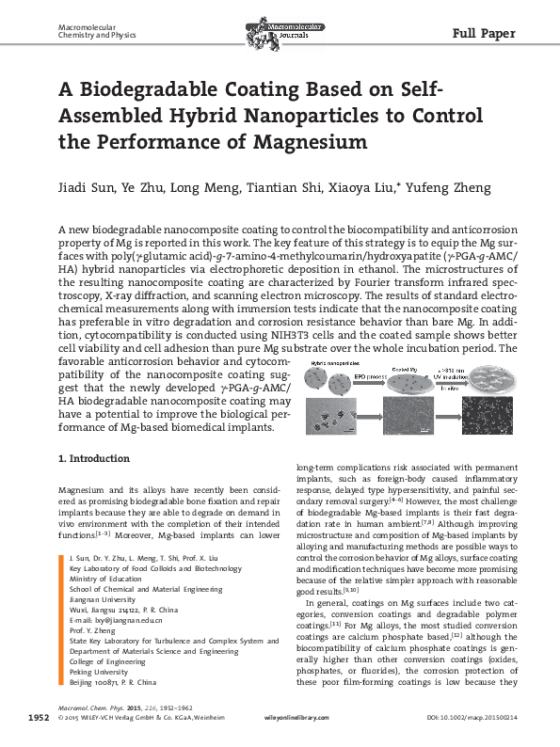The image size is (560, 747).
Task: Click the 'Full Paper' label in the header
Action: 484,35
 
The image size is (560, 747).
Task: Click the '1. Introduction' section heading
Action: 92,459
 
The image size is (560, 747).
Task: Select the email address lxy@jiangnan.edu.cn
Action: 107,622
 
